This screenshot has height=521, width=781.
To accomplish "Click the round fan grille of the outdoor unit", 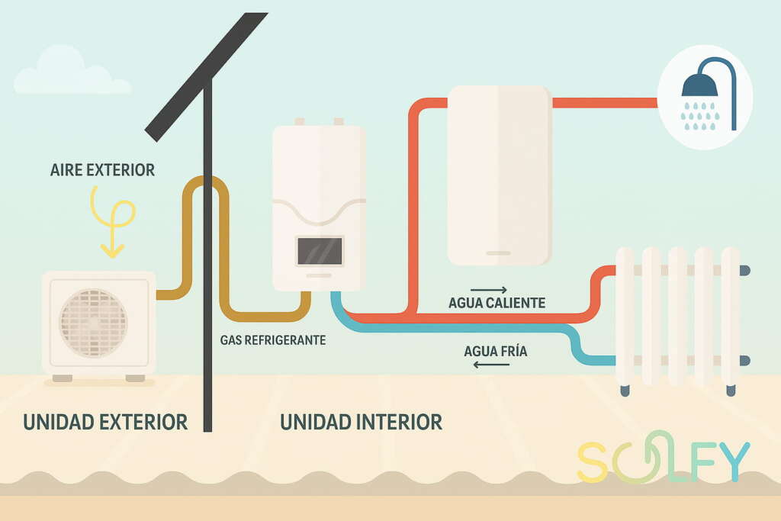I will [x=93, y=323].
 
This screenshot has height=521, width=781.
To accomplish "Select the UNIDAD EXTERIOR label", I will [x=105, y=421].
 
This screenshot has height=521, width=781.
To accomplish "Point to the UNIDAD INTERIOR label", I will [x=361, y=421].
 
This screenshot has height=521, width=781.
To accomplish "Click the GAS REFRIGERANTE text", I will [x=273, y=340].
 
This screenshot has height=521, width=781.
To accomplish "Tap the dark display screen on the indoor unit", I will [x=320, y=250].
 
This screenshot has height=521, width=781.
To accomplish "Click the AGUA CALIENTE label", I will [x=497, y=303].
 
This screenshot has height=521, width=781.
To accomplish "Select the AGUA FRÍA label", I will [x=496, y=352].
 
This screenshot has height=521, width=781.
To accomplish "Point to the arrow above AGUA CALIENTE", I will [x=489, y=290].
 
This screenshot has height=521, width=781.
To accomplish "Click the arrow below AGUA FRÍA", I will [x=491, y=365].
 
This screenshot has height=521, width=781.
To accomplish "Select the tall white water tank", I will [x=499, y=175].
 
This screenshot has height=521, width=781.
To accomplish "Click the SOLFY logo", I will [x=663, y=460].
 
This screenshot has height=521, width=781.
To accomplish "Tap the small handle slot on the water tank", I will [x=499, y=252].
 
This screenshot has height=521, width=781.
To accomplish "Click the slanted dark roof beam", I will [x=207, y=76].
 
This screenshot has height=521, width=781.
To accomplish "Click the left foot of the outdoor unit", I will [x=63, y=378].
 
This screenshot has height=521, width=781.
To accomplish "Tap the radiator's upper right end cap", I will [x=745, y=271].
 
